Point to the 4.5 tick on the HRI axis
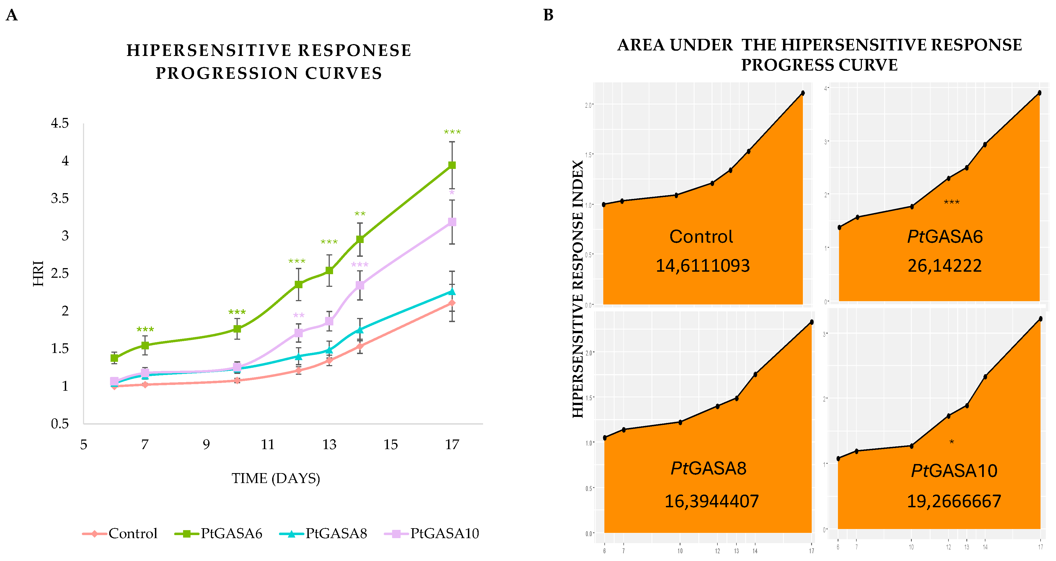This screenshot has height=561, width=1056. click(60, 123)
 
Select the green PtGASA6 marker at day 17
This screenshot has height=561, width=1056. click(452, 165)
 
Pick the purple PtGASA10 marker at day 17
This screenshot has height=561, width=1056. click(452, 222)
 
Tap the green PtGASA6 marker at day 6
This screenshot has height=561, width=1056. click(114, 358)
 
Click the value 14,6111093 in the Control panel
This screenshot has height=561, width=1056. click(703, 266)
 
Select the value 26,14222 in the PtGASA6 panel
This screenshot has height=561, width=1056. click(945, 266)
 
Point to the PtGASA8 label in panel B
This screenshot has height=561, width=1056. click(708, 468)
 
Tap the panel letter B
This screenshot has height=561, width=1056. click(548, 15)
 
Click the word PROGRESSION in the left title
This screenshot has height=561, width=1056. click(226, 73)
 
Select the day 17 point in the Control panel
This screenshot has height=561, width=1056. click(802, 93)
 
